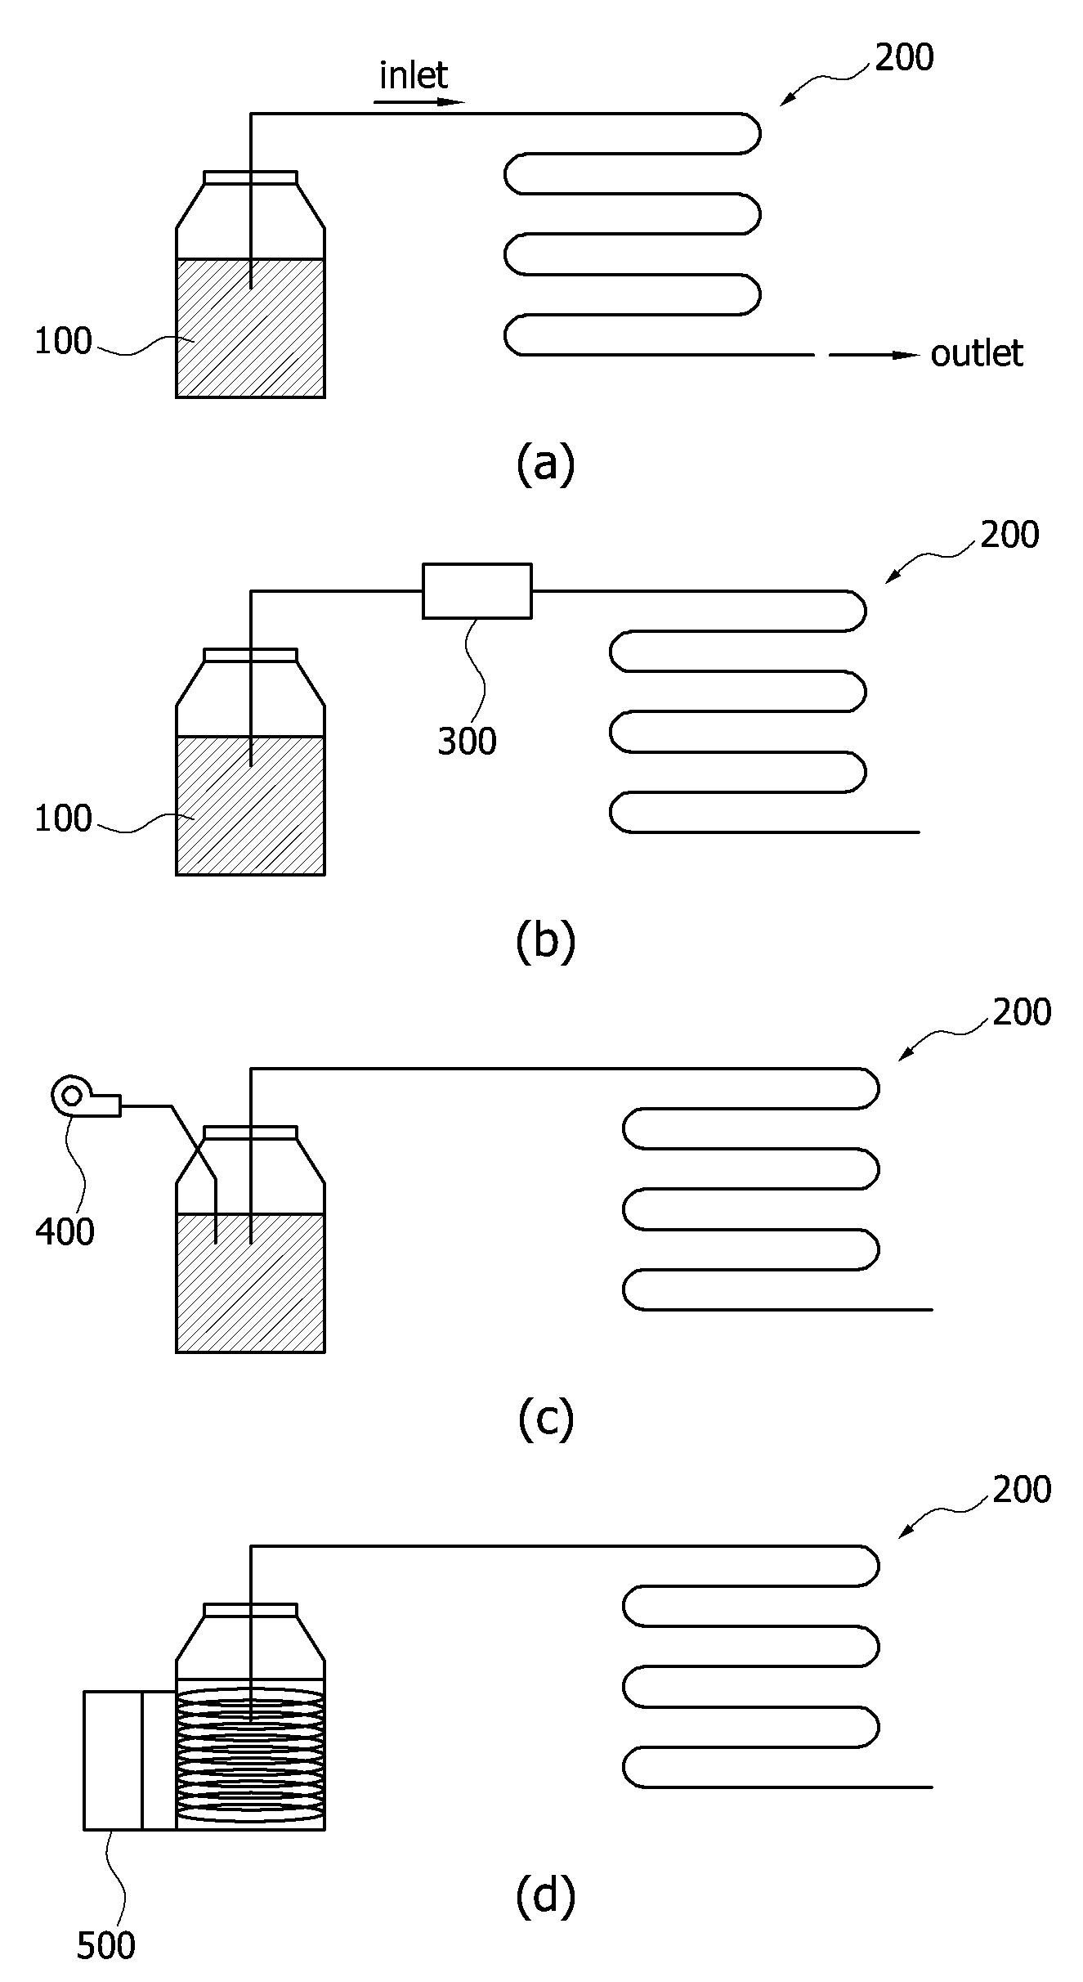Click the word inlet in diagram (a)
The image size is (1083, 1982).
414,76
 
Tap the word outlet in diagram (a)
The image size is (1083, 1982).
977,353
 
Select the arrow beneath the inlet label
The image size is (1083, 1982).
419,102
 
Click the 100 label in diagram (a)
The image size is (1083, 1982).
63,342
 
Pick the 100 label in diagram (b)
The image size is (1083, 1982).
63,818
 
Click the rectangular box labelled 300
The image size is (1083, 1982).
477,590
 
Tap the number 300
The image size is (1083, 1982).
468,742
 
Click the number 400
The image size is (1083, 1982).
65,1231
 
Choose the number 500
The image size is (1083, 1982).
105,1945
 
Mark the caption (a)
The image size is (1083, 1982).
546,464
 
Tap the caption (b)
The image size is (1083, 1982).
546,941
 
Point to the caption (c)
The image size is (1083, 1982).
546,1419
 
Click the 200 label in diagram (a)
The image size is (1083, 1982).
905,58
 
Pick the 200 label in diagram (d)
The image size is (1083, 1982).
1023,1490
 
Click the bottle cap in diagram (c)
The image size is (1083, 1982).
250,1132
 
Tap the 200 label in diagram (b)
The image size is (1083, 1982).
1010,535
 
